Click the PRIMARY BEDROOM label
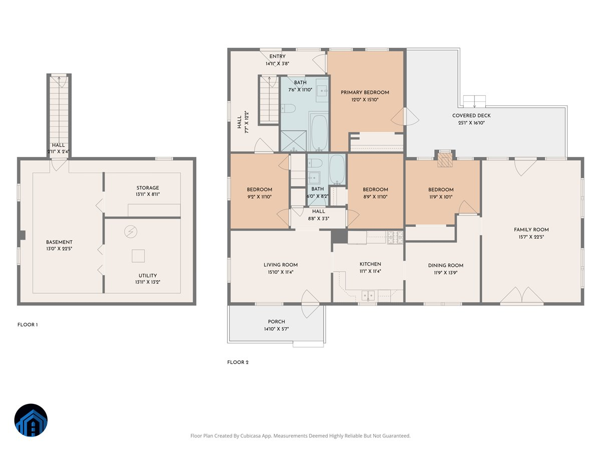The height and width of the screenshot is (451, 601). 365,93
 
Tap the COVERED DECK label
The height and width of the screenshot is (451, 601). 471,116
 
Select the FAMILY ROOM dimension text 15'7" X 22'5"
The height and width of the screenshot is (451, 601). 531,237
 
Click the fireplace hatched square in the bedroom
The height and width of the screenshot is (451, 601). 445,160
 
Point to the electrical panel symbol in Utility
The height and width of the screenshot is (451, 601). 131,232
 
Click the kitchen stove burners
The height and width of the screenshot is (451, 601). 395,237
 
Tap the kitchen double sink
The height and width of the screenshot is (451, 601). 368,296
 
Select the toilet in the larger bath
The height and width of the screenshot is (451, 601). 288,108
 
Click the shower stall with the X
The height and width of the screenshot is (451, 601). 293,141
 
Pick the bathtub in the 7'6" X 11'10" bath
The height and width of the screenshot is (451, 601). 320,132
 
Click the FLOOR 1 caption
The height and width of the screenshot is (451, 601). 28,325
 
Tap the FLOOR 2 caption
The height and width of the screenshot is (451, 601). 238,362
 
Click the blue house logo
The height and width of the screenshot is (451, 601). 31,420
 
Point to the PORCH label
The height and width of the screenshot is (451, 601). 276,322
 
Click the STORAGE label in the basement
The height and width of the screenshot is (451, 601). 148,188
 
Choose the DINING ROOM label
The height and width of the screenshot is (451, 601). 445,266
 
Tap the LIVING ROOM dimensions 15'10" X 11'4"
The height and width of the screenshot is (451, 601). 280,272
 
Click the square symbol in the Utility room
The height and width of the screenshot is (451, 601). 138,256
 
